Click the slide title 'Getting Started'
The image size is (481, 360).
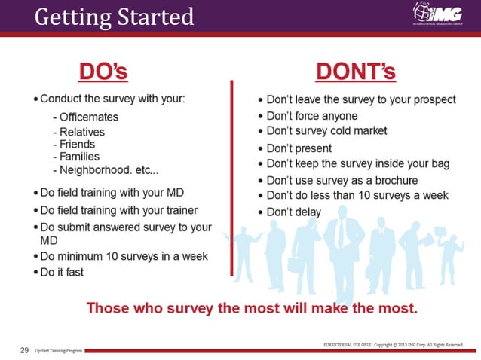pyautogui.click(x=114, y=16)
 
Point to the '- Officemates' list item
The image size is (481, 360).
pyautogui.click(x=85, y=117)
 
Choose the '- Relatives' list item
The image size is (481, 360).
pyautogui.click(x=78, y=132)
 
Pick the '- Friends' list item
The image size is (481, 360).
pyautogui.click(x=74, y=145)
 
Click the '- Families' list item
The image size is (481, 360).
pyautogui.click(x=76, y=157)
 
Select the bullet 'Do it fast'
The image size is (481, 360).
pyautogui.click(x=60, y=272)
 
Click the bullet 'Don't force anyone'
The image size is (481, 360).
pyautogui.click(x=307, y=116)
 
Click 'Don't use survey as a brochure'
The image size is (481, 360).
pyautogui.click(x=337, y=181)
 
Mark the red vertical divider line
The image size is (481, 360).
pyautogui.click(x=232, y=151)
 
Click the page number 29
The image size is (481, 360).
pyautogui.click(x=24, y=351)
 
